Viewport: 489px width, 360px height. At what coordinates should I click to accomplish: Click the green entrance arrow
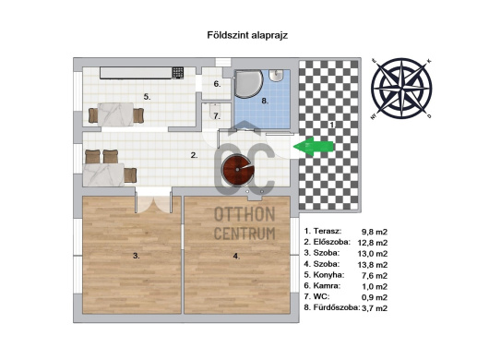click(313, 147)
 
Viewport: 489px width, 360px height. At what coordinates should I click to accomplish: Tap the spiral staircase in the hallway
click(238, 170)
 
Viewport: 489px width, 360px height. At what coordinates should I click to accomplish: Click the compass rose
click(401, 89)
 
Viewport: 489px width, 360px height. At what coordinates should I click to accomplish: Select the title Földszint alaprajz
click(247, 35)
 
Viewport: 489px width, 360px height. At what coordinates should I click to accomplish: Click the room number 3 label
click(136, 256)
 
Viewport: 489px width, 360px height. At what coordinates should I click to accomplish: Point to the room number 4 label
click(236, 256)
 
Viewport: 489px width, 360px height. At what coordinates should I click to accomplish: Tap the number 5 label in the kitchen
click(147, 97)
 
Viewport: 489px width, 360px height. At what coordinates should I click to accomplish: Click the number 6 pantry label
click(218, 84)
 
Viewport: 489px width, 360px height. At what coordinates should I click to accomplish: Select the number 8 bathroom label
click(265, 101)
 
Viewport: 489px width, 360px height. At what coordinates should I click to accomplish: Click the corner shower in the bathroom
click(247, 84)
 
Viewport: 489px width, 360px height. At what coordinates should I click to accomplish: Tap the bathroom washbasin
click(276, 76)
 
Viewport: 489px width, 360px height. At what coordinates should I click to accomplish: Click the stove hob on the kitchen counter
click(177, 73)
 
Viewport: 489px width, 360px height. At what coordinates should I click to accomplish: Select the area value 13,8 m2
click(373, 265)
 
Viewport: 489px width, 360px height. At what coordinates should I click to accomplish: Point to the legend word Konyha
click(328, 275)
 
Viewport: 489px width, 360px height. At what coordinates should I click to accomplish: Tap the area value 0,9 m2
click(375, 297)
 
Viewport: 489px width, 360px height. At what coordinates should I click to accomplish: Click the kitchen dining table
click(115, 114)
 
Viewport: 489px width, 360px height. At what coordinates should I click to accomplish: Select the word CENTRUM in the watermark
click(244, 234)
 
